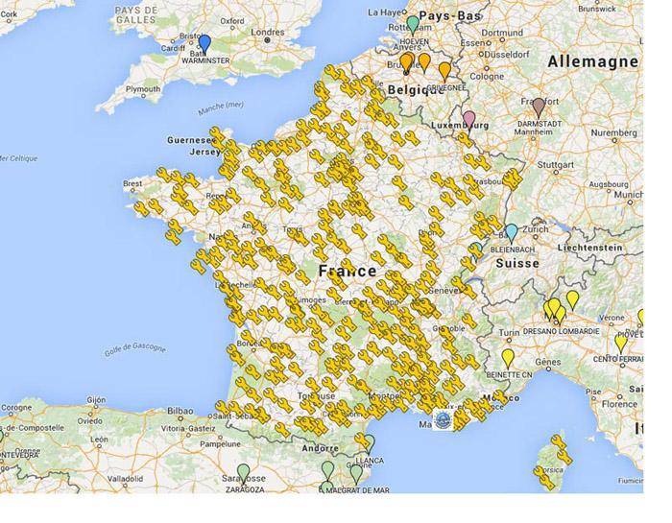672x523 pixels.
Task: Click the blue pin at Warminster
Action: [204, 43]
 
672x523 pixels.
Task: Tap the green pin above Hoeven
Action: [413, 23]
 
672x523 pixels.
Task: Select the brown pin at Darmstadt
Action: [539, 105]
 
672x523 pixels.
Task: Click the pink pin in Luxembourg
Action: [468, 119]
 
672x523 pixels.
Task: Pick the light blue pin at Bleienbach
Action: [511, 232]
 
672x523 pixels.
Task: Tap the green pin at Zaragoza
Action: [243, 472]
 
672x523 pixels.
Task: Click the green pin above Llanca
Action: [368, 442]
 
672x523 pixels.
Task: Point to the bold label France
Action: [348, 271]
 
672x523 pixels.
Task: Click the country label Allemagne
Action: [592, 61]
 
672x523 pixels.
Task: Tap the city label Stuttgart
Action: [555, 165]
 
